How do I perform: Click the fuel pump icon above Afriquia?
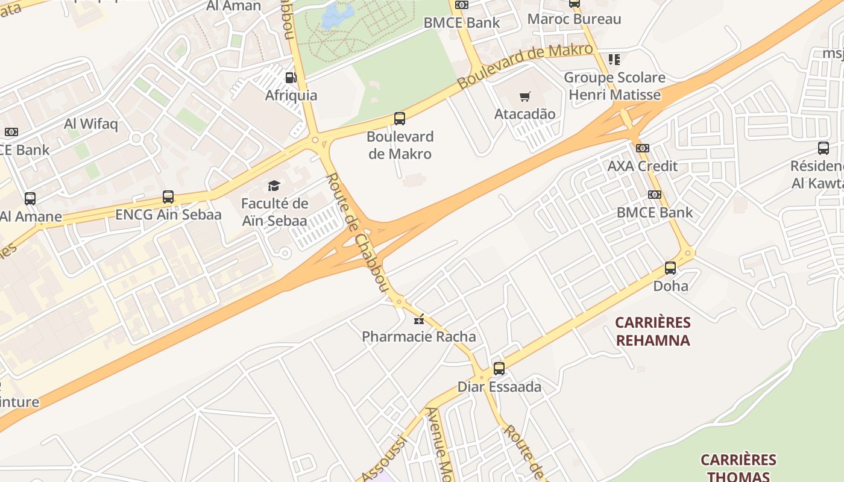291,78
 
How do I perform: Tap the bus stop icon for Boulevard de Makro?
399,119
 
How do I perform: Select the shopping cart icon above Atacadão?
525,96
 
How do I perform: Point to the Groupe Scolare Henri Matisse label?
614,86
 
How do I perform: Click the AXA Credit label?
642,166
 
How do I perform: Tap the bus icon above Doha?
670,268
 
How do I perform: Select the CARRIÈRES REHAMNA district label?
652,331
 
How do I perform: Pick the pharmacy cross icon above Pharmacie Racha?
418,319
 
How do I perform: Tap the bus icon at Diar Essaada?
499,369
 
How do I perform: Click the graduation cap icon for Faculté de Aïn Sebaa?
274,186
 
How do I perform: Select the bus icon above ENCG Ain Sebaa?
168,197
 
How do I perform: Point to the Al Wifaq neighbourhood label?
91,124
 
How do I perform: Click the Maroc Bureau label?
574,19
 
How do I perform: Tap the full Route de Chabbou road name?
357,233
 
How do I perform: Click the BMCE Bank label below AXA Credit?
654,213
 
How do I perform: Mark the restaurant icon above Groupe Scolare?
614,60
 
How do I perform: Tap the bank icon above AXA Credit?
643,148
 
